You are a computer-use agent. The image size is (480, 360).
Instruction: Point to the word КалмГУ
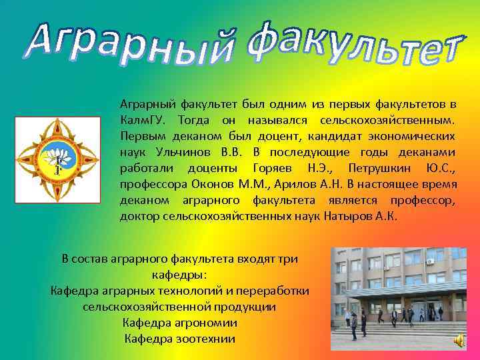point(139,121)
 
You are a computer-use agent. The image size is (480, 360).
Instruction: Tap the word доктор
point(139,217)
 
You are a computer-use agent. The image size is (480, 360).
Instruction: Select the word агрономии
point(203,323)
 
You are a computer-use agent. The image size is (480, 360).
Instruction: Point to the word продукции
point(246,307)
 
